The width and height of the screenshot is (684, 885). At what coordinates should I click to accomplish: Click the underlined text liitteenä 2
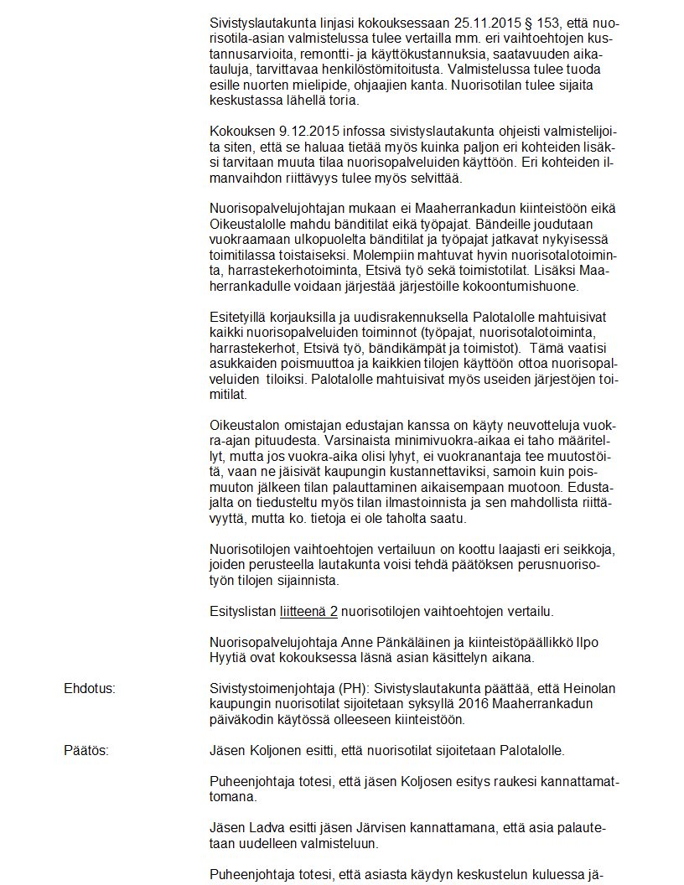(308, 612)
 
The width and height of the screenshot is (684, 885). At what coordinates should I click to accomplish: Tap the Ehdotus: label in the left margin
(89, 689)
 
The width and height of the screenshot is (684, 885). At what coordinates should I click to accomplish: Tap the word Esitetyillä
(237, 318)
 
